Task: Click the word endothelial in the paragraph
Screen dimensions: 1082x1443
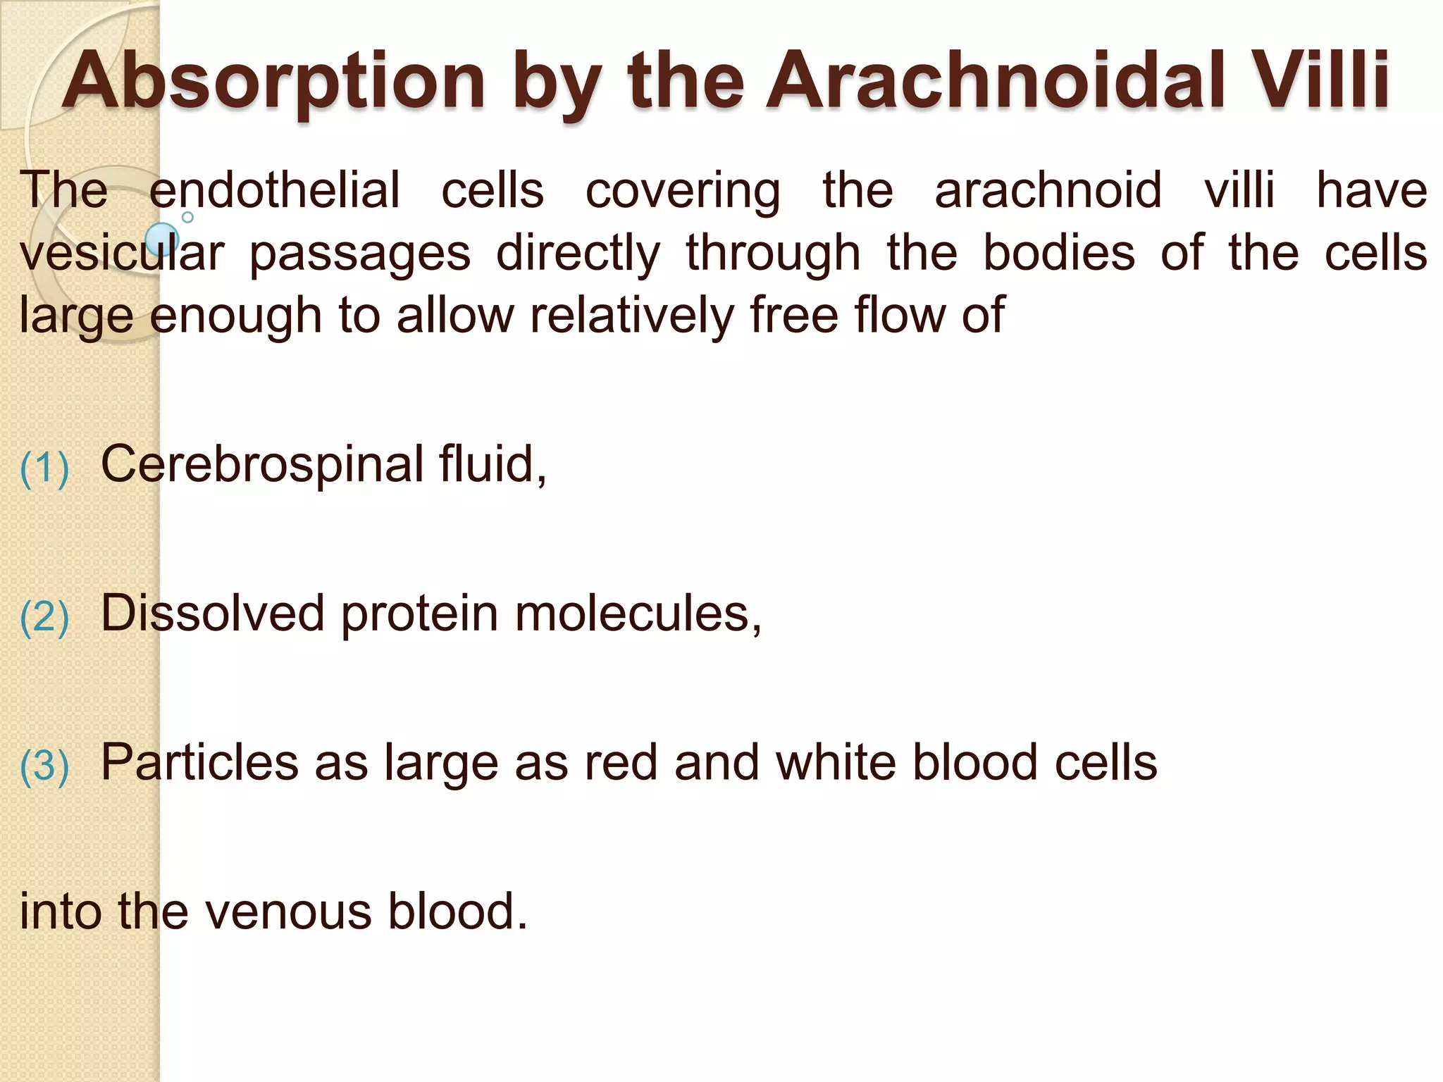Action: (x=274, y=191)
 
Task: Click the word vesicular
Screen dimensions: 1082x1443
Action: (x=122, y=254)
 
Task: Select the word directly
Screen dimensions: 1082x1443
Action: (x=578, y=254)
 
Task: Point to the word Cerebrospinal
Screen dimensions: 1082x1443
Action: (x=262, y=465)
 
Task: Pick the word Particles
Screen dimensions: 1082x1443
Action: (x=199, y=763)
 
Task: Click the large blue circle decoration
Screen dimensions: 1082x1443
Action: (x=162, y=239)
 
